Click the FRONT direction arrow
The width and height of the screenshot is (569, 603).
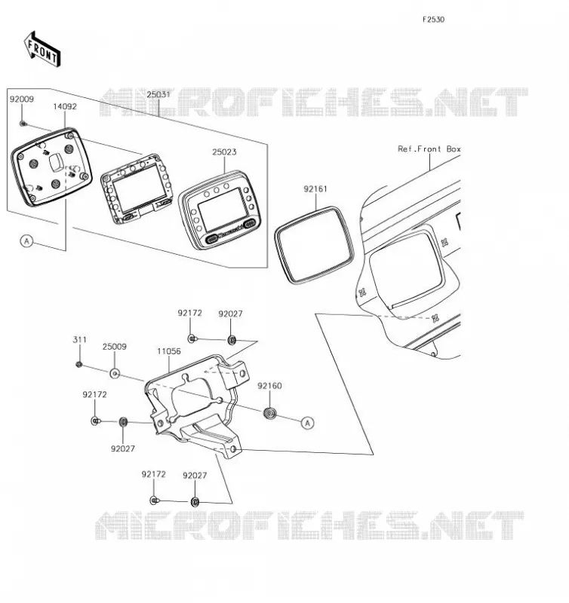pos(42,50)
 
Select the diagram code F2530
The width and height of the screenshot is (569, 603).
pos(433,20)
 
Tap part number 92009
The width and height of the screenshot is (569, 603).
pos(22,99)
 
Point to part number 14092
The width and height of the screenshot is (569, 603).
pos(65,106)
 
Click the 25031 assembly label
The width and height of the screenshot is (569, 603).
pos(158,94)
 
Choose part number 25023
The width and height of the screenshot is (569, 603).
pos(224,152)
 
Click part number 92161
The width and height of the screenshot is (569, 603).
pos(315,189)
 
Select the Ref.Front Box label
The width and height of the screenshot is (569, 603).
pos(429,148)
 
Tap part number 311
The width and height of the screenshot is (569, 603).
pos(80,340)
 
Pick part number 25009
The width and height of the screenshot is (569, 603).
pos(115,347)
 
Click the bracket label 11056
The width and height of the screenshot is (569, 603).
pos(168,351)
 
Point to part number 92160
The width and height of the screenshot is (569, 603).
pos(269,386)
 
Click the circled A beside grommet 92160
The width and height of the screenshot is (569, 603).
pos(307,423)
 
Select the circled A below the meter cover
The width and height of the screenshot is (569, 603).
pos(26,241)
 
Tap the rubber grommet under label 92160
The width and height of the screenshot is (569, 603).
pos(270,413)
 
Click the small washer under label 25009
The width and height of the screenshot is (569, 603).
pos(115,373)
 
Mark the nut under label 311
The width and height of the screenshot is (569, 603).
pos(79,364)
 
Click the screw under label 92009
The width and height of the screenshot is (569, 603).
pos(23,124)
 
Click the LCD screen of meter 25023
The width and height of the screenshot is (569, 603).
pos(221,210)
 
